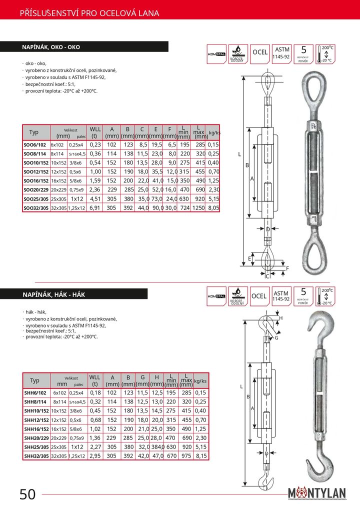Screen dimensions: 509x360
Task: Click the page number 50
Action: tap(27, 494)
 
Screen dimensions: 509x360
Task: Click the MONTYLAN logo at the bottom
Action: tap(317, 494)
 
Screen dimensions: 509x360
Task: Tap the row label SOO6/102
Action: tap(35, 144)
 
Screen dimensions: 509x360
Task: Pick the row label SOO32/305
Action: tap(36, 207)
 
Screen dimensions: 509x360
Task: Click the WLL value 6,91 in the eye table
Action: tap(95, 207)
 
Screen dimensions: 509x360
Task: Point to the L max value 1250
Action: tap(200, 207)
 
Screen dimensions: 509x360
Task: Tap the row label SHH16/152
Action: tap(35, 428)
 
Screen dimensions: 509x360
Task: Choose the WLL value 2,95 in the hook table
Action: tap(95, 455)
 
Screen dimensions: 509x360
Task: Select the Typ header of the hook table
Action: tap(34, 380)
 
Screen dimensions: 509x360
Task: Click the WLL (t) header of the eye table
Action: tap(95, 132)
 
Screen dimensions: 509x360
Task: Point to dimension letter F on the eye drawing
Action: tap(287, 268)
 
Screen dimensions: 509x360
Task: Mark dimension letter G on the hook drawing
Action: tap(276, 338)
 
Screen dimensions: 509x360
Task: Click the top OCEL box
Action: tap(259, 52)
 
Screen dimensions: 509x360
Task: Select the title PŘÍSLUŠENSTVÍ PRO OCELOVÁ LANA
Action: tap(89, 13)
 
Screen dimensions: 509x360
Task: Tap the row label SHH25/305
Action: tap(35, 446)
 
